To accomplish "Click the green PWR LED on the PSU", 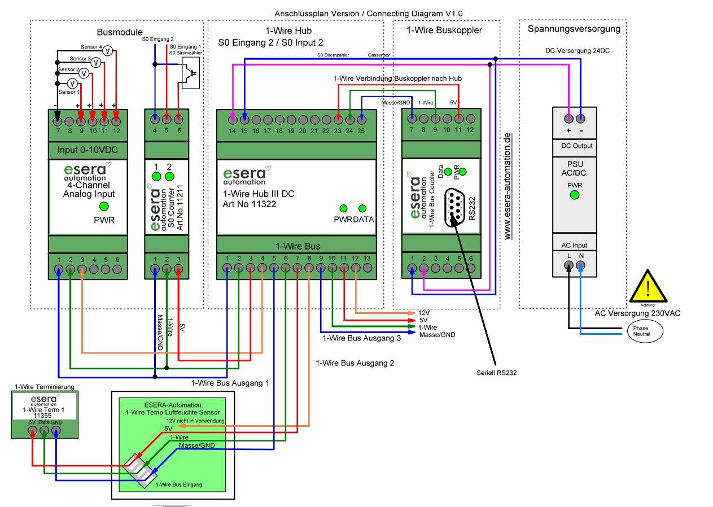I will (x=574, y=195).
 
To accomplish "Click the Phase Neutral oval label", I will (x=641, y=331).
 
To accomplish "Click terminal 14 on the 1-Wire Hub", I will (x=233, y=119).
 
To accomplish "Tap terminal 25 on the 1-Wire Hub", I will (x=361, y=119).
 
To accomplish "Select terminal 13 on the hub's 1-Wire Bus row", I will (x=367, y=268).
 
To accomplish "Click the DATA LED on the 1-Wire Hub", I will (x=362, y=208).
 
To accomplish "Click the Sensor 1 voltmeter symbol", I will (x=72, y=84).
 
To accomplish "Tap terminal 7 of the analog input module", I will (x=58, y=120).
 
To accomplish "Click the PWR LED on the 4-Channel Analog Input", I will (x=104, y=207).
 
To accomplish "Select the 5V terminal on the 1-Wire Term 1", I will (x=33, y=431).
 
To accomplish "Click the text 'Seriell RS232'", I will (x=496, y=373).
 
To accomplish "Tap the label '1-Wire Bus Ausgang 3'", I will (x=361, y=338).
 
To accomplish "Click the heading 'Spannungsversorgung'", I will (x=573, y=29).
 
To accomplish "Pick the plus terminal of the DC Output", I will (x=568, y=119).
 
